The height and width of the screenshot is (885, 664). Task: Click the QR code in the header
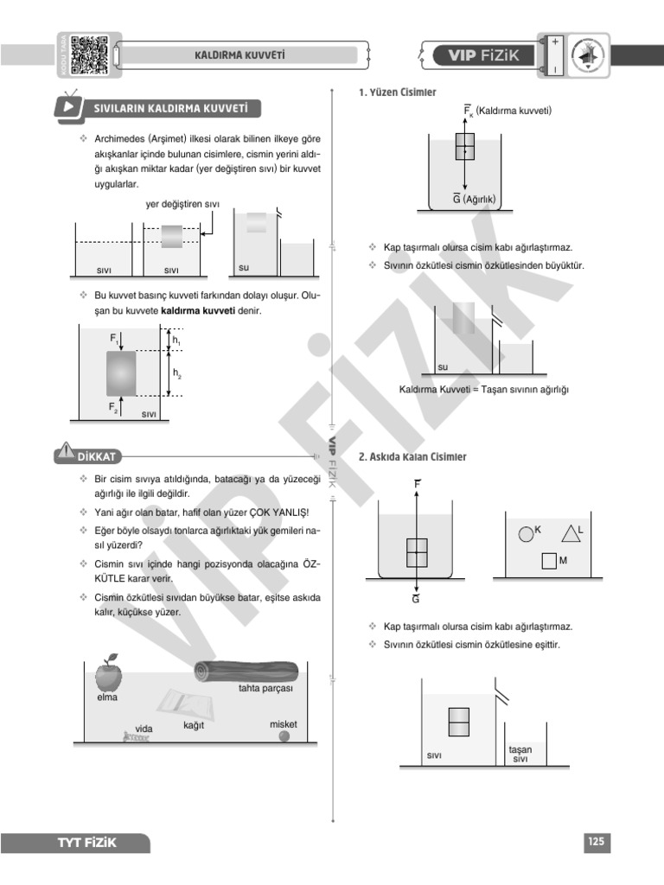click(x=89, y=54)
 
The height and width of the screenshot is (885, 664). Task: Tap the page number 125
click(x=597, y=842)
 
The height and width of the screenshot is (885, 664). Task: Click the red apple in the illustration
click(x=108, y=672)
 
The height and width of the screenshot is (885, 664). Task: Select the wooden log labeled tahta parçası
click(x=246, y=671)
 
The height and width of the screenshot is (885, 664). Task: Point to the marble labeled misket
click(x=284, y=736)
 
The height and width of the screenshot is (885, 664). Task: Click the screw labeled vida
click(x=137, y=738)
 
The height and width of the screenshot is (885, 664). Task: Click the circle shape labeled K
click(x=525, y=533)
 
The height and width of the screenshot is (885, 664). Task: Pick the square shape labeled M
click(x=548, y=561)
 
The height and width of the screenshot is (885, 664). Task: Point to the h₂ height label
click(x=177, y=373)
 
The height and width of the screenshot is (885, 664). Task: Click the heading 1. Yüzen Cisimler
click(x=397, y=92)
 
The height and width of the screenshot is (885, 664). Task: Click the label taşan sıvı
click(x=520, y=754)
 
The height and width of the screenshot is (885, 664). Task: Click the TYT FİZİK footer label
click(x=86, y=843)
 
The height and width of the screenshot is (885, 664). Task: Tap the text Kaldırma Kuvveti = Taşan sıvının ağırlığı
click(x=483, y=389)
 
